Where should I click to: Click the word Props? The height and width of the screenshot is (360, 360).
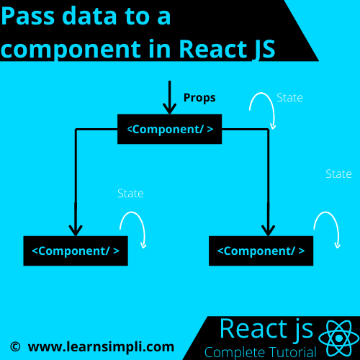(x=199, y=98)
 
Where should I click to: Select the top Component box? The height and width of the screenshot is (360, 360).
(x=169, y=129)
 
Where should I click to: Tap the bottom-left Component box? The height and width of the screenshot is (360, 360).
(x=76, y=251)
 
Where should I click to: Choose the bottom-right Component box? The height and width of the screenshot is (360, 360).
(x=261, y=251)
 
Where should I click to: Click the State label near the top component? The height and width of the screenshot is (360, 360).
(x=289, y=98)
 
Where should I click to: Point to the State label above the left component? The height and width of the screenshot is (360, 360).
(x=130, y=193)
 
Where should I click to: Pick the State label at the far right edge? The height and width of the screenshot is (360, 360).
(x=338, y=174)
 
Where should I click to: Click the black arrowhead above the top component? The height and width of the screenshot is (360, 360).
(x=170, y=109)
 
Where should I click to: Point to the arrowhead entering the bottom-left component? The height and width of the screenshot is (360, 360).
(x=76, y=231)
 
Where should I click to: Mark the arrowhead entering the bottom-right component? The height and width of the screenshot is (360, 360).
(x=268, y=231)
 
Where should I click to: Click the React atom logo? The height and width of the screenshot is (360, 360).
(x=339, y=338)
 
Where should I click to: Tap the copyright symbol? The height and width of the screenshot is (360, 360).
(x=15, y=347)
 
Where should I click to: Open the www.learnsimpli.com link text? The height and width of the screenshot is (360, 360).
(x=101, y=347)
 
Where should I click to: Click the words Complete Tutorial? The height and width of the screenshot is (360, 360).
(x=261, y=352)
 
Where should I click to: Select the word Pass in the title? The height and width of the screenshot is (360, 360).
(x=28, y=16)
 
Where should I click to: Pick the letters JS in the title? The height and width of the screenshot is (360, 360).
(x=264, y=49)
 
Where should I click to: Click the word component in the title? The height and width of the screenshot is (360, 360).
(x=71, y=49)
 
